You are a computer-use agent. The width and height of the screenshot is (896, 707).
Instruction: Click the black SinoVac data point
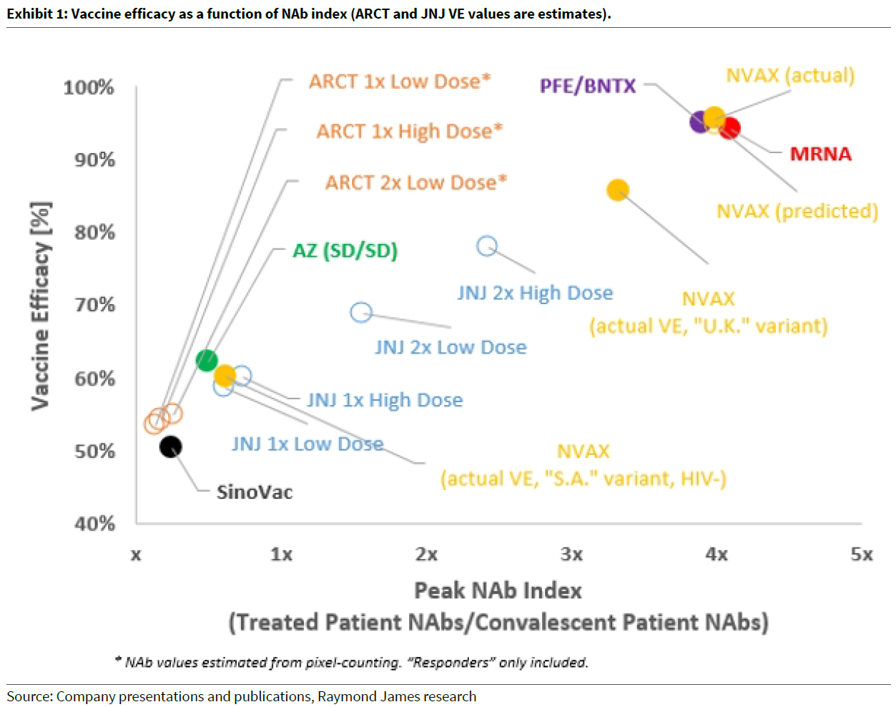[170, 447]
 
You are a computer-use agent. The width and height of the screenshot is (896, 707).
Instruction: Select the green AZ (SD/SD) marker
[207, 360]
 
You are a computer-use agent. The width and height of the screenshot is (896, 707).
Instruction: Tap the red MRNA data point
[729, 129]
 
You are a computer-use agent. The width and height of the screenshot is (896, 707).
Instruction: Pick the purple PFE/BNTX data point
[700, 122]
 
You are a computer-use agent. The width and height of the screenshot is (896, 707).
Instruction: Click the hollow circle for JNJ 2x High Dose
[487, 246]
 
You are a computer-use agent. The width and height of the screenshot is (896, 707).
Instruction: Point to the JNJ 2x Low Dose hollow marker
[361, 313]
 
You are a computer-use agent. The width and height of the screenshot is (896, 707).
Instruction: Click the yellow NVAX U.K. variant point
[618, 190]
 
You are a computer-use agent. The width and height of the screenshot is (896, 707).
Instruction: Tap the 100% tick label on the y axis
[89, 87]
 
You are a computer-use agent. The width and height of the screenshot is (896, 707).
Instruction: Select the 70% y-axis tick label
[94, 305]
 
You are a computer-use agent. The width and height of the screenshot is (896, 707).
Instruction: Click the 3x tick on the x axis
[571, 555]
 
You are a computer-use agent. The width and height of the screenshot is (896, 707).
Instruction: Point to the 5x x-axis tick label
[861, 555]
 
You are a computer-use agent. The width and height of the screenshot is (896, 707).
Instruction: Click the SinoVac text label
[255, 492]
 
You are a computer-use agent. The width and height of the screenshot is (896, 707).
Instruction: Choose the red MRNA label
[820, 154]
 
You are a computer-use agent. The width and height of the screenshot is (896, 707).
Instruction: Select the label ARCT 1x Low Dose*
[400, 82]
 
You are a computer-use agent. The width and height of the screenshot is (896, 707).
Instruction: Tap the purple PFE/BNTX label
[587, 87]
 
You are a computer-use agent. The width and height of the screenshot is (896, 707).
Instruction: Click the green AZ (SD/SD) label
[345, 250]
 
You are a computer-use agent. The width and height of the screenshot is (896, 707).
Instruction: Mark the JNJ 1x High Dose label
[385, 400]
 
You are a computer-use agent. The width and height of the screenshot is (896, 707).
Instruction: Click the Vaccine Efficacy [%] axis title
[40, 306]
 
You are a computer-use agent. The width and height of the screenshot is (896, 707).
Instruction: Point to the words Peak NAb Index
[498, 590]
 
